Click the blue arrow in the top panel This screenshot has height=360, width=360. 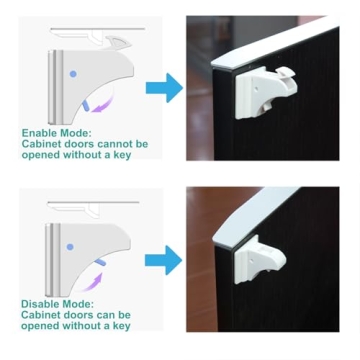pyautogui.click(x=163, y=87)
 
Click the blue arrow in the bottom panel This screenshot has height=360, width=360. pyautogui.click(x=163, y=262)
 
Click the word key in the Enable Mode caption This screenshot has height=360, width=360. pyautogui.click(x=120, y=156)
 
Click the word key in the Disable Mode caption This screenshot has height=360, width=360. pyautogui.click(x=120, y=326)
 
